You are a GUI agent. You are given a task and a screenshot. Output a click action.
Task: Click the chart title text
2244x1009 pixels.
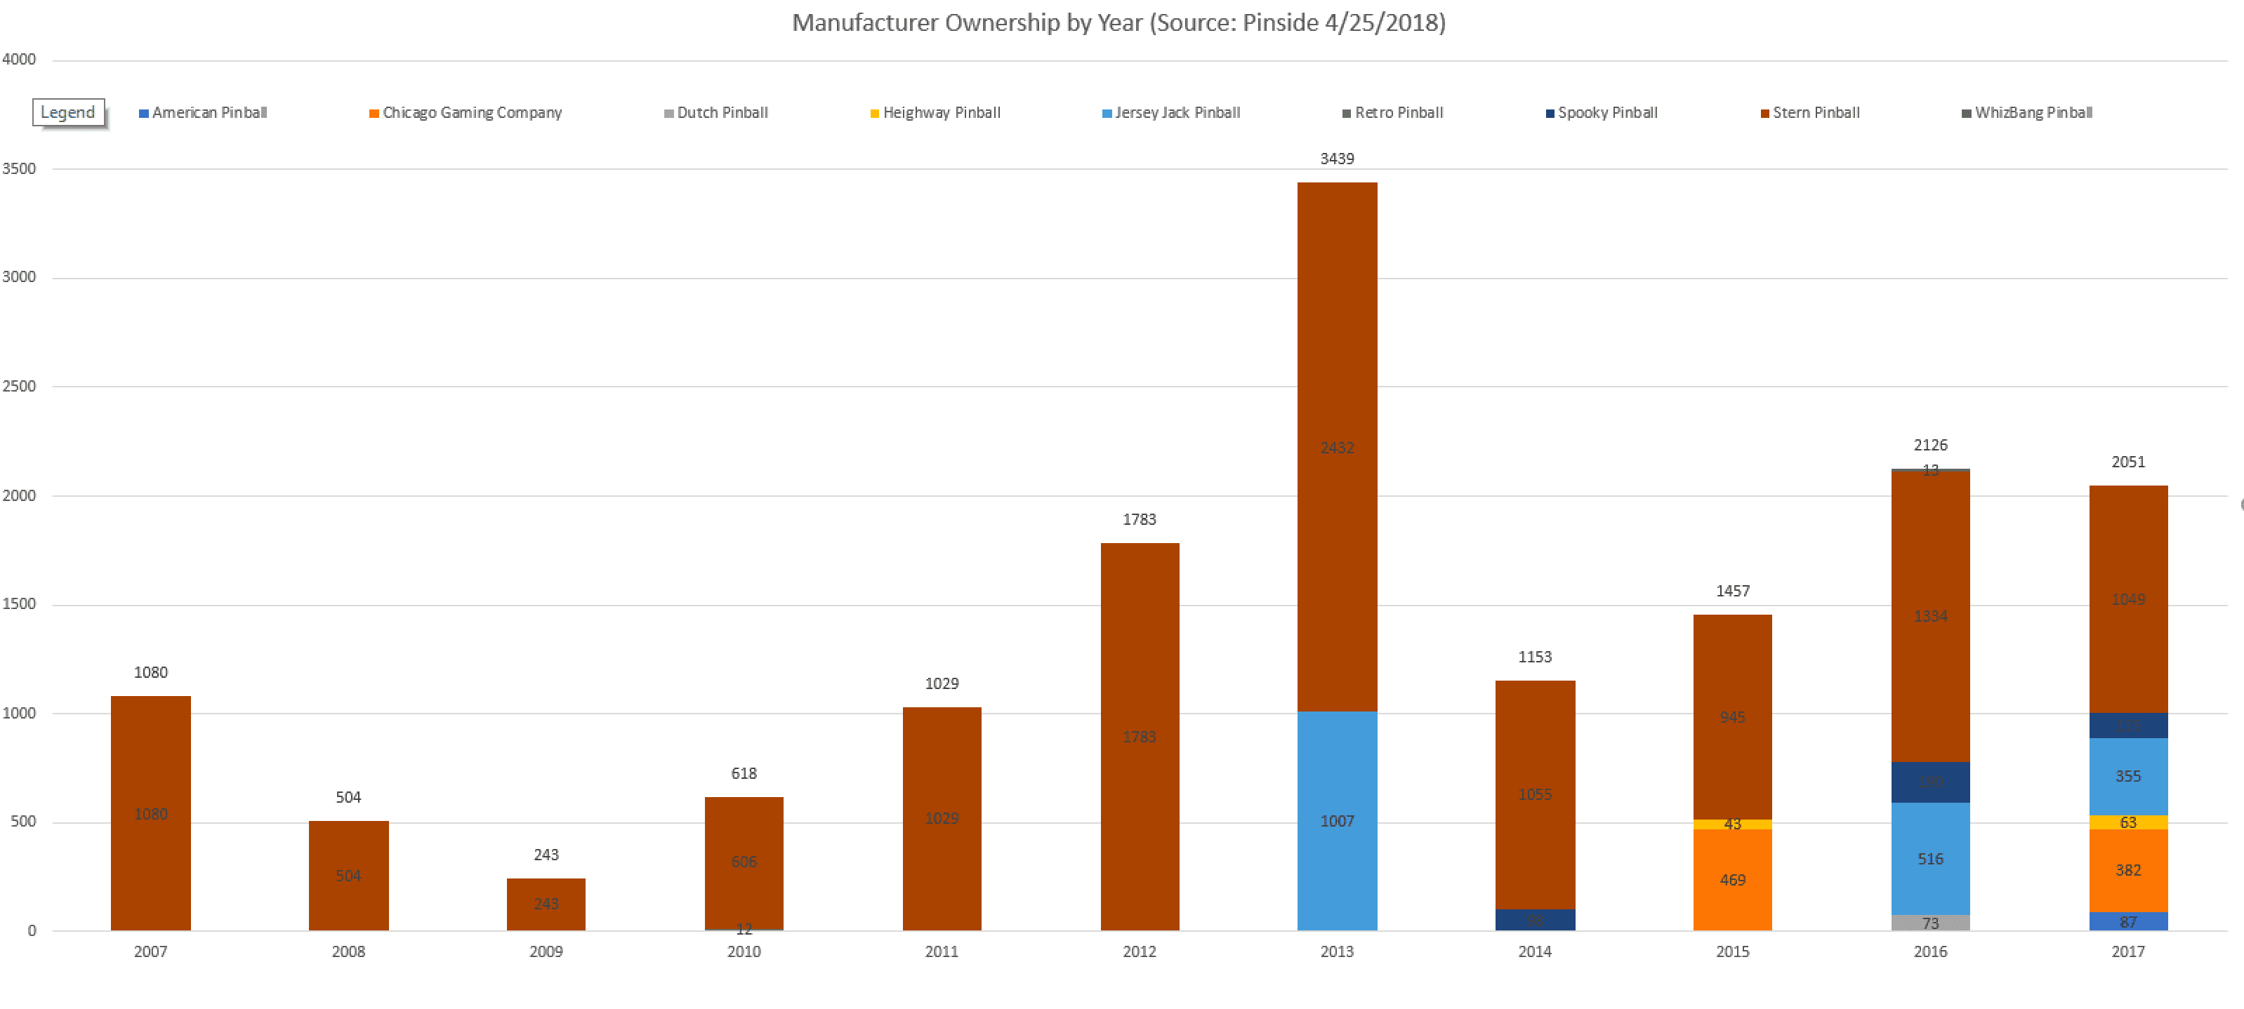click(x=1118, y=22)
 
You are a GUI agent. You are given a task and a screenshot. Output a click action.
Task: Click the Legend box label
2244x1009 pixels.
click(x=68, y=112)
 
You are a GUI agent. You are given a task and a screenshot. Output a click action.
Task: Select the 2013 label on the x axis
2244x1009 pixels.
click(x=1336, y=951)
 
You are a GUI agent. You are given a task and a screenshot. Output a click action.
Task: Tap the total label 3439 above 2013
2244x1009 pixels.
click(x=1336, y=159)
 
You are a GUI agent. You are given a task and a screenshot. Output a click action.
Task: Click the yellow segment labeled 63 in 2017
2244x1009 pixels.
click(x=2127, y=822)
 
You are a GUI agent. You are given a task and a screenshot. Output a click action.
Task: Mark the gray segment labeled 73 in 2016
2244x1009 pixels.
click(x=1929, y=923)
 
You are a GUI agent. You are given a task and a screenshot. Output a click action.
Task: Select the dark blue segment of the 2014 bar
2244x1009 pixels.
click(x=1534, y=920)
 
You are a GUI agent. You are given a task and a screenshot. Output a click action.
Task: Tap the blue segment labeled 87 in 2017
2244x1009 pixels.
click(x=2127, y=921)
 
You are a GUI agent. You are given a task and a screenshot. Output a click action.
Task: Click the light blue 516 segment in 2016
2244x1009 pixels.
click(x=1929, y=858)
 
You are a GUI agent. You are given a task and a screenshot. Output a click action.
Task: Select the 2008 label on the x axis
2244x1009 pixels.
click(x=348, y=951)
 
